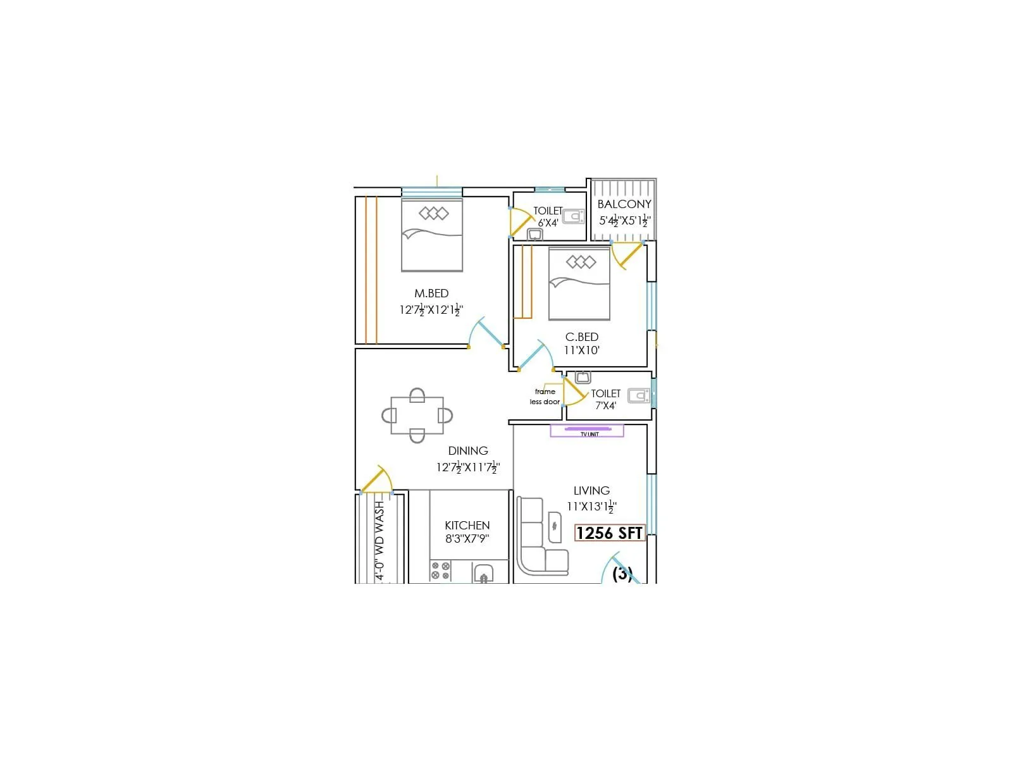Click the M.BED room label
point(431,293)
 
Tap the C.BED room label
point(581,337)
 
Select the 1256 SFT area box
point(609,533)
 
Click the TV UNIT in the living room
point(587,431)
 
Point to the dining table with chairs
point(417,416)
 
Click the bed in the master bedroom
point(432,235)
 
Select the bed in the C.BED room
point(579,284)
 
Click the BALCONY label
point(624,204)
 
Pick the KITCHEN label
point(467,526)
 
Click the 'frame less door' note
point(545,397)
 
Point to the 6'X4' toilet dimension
point(548,223)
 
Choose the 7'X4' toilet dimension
point(605,406)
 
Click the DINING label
point(468,451)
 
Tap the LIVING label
point(591,491)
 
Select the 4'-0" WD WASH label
point(379,541)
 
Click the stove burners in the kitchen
point(440,571)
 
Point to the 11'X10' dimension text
point(582,350)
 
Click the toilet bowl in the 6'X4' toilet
point(574,217)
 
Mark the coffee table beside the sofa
point(555,526)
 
